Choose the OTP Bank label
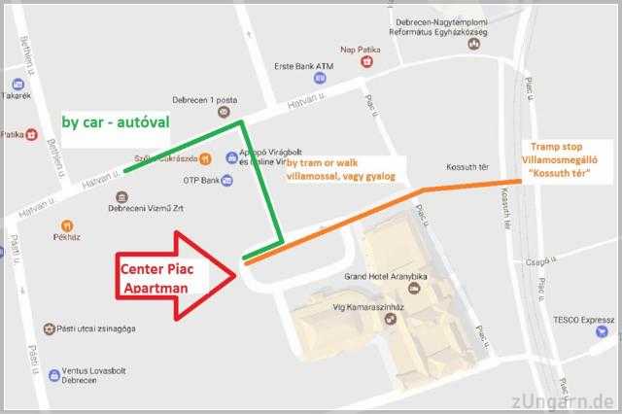202,180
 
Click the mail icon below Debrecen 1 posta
225,113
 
